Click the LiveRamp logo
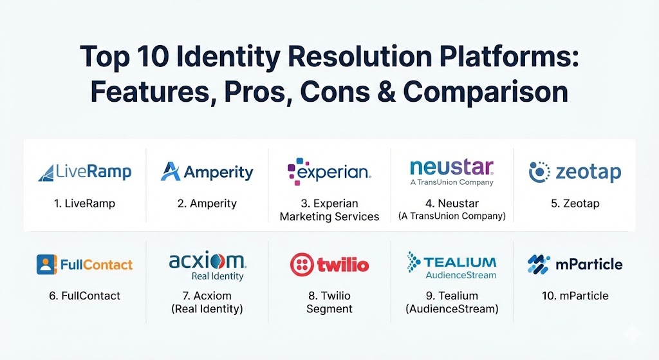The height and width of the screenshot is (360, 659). (84, 172)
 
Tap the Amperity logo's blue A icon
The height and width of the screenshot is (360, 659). (170, 171)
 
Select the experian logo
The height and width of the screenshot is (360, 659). (329, 171)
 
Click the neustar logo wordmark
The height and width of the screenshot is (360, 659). (452, 167)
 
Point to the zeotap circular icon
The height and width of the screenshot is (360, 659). (539, 172)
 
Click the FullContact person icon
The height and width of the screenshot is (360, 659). (46, 265)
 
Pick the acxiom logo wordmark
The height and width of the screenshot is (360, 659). (207, 261)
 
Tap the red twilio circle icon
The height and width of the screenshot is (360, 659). (302, 265)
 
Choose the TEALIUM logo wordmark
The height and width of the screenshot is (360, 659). (459, 262)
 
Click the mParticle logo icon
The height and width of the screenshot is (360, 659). (539, 265)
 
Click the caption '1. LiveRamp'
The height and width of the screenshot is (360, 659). (84, 204)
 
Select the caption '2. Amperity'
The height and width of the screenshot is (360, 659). (207, 204)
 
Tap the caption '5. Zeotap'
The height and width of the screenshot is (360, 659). (575, 204)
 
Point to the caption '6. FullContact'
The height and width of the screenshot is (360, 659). (84, 296)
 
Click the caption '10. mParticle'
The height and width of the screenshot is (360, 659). (575, 296)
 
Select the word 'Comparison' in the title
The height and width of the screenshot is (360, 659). (485, 92)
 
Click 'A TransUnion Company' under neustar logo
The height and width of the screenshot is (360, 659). (452, 182)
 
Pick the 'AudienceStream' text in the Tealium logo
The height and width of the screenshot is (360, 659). (461, 275)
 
